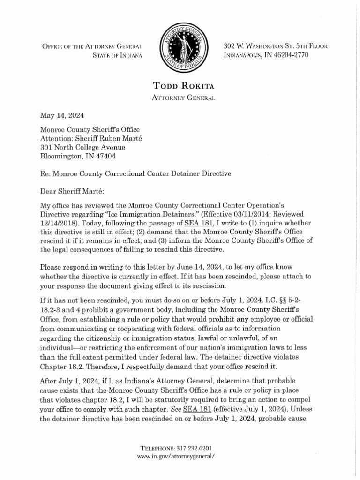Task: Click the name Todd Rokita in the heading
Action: pyautogui.click(x=180, y=85)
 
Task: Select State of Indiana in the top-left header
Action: pyautogui.click(x=116, y=56)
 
